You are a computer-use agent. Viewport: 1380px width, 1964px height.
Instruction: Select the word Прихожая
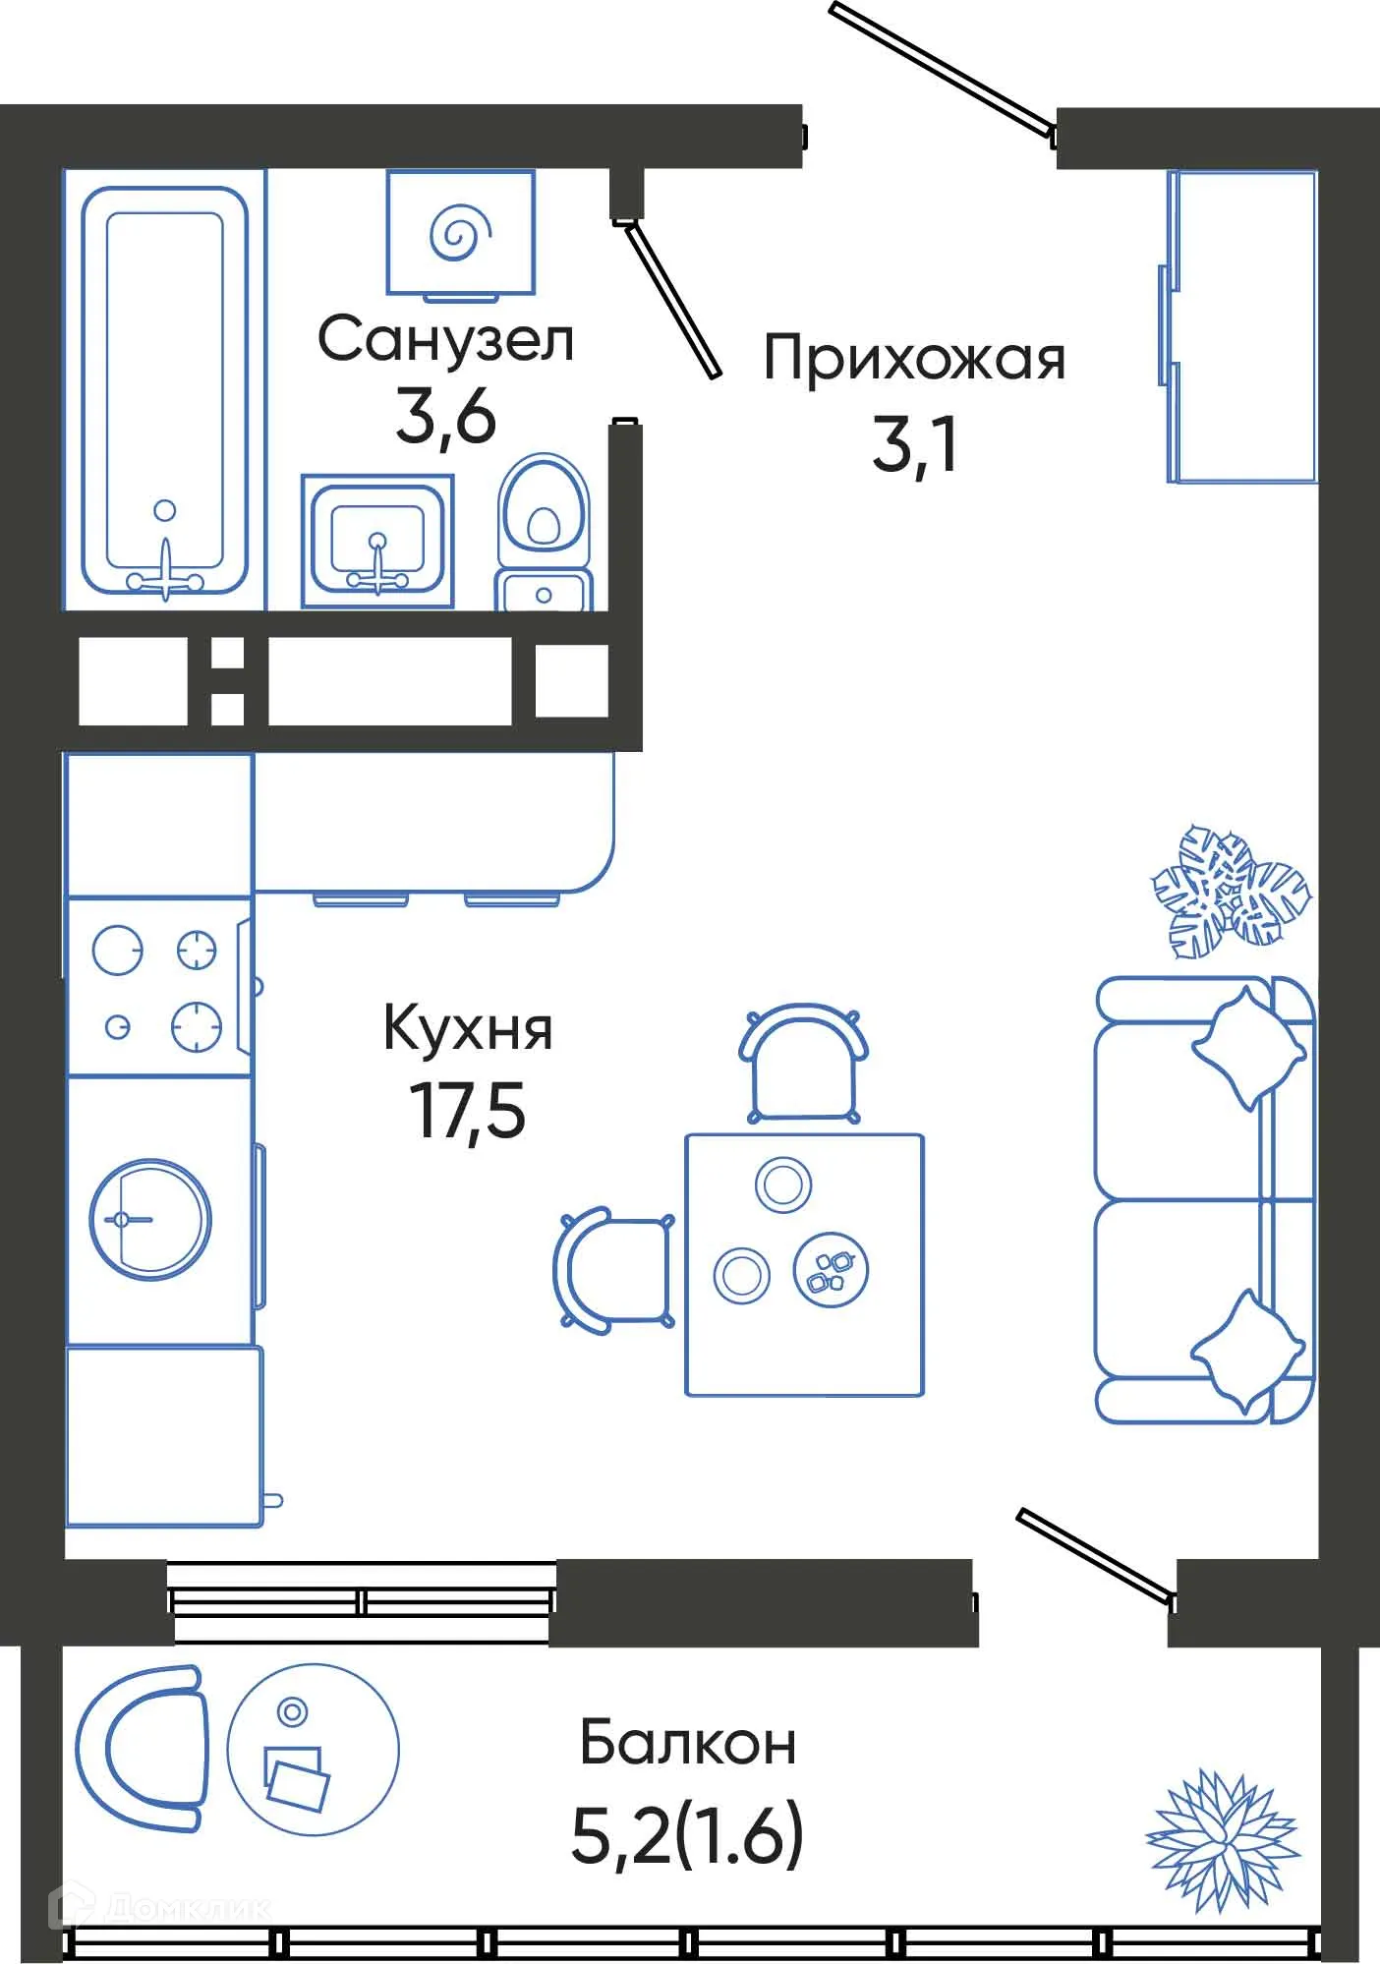pyautogui.click(x=914, y=359)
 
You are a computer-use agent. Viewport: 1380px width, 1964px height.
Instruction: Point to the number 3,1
pyautogui.click(x=914, y=446)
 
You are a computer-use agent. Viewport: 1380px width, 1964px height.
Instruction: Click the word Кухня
pyautogui.click(x=468, y=1030)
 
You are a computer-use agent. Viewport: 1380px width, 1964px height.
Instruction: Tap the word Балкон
pyautogui.click(x=688, y=1744)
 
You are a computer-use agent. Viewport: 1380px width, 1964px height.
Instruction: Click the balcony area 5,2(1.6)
pyautogui.click(x=688, y=1834)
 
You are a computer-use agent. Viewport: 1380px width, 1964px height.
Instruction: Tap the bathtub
pyautogui.click(x=164, y=390)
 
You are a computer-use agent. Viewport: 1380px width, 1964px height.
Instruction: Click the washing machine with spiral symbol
pyautogui.click(x=460, y=232)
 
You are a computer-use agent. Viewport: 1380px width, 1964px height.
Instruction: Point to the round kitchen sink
pyautogui.click(x=150, y=1219)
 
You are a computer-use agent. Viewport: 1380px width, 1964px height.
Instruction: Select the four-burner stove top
pyautogui.click(x=157, y=988)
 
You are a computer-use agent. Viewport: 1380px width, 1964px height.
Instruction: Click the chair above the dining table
pyautogui.click(x=804, y=1065)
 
